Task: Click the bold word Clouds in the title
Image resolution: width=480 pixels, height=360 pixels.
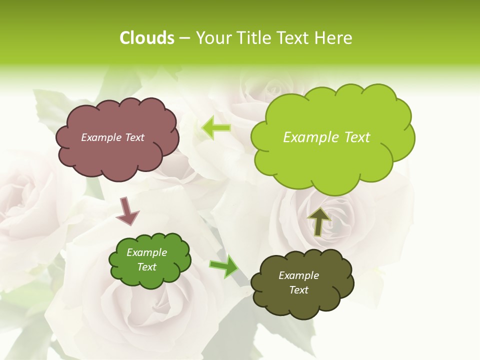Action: coord(146,38)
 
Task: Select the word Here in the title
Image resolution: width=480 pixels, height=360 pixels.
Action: coord(333,38)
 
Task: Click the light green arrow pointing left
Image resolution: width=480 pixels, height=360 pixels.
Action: coord(216,128)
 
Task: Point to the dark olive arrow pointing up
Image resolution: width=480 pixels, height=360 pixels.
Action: coord(318,221)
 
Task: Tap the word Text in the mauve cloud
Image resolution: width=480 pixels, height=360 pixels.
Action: coord(134,137)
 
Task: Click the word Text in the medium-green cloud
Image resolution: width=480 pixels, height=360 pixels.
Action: coord(147,267)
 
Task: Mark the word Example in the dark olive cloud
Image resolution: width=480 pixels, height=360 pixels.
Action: coord(298,275)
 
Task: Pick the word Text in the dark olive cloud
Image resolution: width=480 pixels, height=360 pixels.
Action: coord(298,290)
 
